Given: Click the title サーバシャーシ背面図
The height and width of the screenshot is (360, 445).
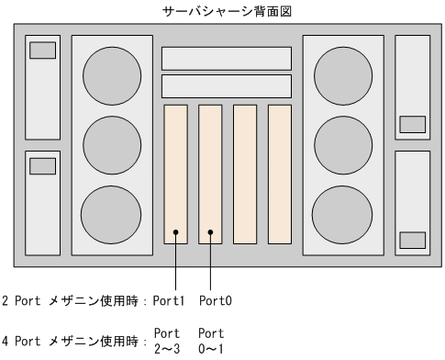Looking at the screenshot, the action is tap(227, 12).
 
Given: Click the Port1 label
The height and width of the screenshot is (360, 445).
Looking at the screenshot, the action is tap(169, 300).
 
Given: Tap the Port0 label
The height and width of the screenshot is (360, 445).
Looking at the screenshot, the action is tap(216, 300).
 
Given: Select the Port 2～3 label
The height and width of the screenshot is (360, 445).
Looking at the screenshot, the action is tap(167, 341).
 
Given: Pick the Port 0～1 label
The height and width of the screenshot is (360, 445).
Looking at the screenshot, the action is tap(211, 341).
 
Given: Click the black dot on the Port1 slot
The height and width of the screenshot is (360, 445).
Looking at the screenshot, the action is tap(175, 232).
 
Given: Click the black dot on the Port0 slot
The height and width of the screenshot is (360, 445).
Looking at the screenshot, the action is tap(210, 232).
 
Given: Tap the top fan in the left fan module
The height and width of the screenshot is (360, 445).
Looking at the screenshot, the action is tap(112, 76).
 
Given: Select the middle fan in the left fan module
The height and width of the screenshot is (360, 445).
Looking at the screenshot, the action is tap(112, 145).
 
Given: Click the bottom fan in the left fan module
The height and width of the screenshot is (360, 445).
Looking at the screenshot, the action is tap(111, 215).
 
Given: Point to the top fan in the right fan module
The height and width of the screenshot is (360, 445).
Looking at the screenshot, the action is tap(343, 76).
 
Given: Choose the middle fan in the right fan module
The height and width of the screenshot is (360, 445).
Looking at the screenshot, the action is tap(343, 145).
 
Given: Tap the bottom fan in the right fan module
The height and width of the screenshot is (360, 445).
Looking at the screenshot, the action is tap(342, 215).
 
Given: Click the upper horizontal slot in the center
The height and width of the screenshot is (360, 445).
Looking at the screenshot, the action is tap(227, 59).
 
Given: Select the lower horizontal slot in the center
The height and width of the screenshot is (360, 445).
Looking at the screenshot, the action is tap(227, 86).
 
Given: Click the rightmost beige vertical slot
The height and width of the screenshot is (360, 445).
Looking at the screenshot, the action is tap(280, 174).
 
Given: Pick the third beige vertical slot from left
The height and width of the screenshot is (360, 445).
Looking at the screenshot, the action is tap(245, 174).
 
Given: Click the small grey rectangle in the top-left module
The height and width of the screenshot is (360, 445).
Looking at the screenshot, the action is tap(42, 51).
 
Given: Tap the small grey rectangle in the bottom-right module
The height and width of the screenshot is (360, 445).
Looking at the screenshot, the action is tap(413, 241).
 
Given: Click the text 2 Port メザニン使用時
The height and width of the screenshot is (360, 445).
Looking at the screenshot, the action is tap(71, 301).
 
